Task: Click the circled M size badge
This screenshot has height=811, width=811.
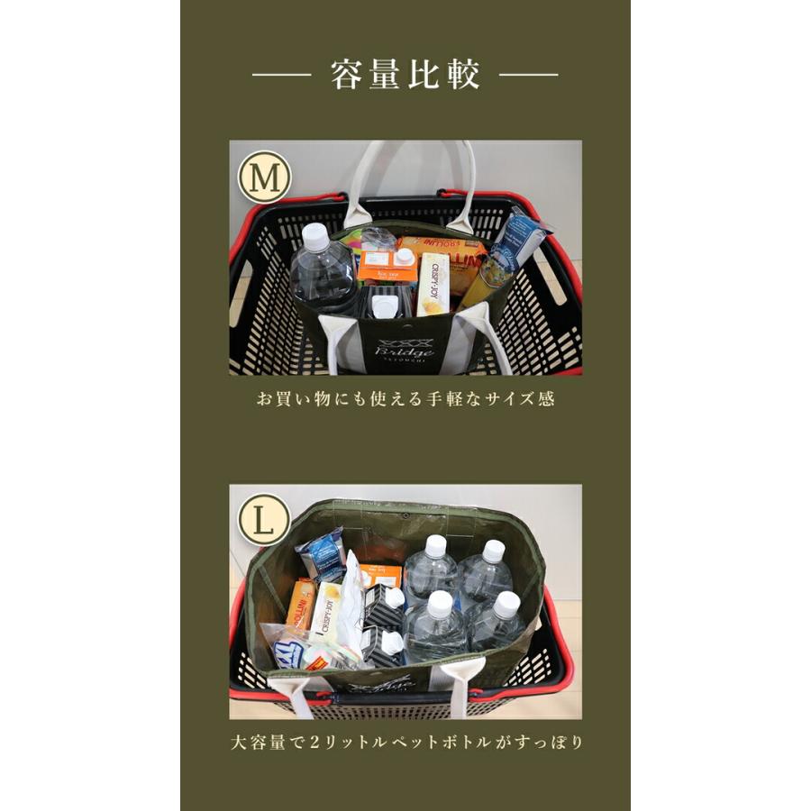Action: pyautogui.click(x=264, y=177)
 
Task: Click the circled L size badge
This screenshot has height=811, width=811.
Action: pyautogui.click(x=264, y=521)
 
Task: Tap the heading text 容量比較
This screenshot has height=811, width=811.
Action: pyautogui.click(x=405, y=76)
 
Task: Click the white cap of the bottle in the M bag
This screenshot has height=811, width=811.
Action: pyautogui.click(x=314, y=235)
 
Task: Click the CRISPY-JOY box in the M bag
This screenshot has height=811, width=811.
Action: pyautogui.click(x=434, y=282)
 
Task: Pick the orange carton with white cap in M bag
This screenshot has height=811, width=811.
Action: pyautogui.click(x=387, y=267)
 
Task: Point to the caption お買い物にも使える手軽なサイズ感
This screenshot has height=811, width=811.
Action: pyautogui.click(x=405, y=398)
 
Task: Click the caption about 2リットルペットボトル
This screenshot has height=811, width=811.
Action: pyautogui.click(x=405, y=743)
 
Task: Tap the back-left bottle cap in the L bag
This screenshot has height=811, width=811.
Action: pyautogui.click(x=436, y=545)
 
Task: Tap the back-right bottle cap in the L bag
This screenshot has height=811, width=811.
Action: pyautogui.click(x=493, y=551)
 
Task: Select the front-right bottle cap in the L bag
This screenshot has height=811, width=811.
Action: pyautogui.click(x=506, y=603)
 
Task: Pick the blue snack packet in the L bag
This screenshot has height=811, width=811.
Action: pyautogui.click(x=322, y=551)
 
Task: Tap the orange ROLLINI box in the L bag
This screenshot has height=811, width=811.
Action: pyautogui.click(x=302, y=604)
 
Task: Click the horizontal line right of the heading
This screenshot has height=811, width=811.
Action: pyautogui.click(x=529, y=76)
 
